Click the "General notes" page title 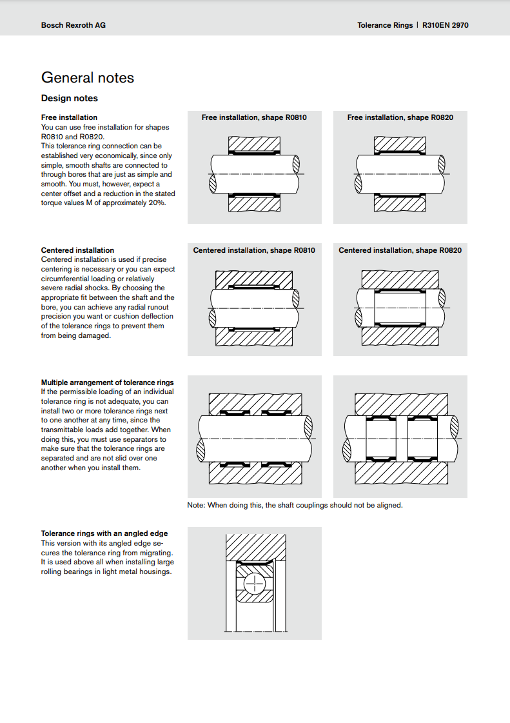(88, 78)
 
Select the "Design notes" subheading (70, 99)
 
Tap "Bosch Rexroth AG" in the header (73, 25)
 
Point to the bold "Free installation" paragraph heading (69, 117)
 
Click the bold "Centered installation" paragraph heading (77, 250)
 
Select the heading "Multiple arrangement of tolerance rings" (108, 382)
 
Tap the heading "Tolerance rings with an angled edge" (104, 533)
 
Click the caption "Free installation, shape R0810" (254, 117)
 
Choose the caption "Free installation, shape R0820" (400, 117)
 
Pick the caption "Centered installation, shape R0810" (254, 250)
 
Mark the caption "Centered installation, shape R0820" (400, 250)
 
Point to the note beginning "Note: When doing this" (295, 505)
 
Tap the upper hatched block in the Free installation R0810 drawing (254, 144)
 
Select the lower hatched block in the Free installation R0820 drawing (400, 204)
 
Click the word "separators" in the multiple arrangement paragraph (126, 439)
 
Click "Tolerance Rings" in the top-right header (384, 25)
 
